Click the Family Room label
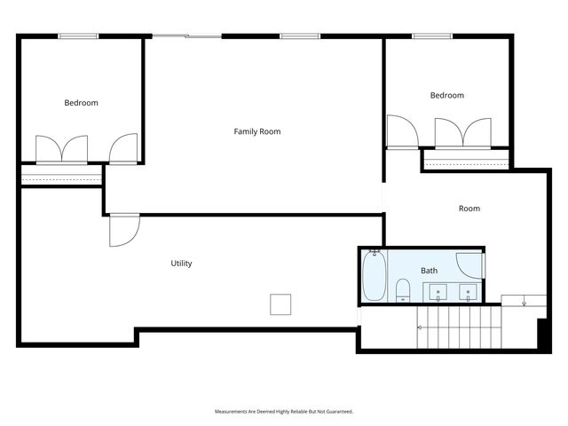tap(256, 131)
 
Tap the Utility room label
tap(181, 264)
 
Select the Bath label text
tap(429, 271)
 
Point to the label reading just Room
tap(469, 209)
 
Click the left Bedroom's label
tap(81, 103)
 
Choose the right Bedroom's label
tap(446, 96)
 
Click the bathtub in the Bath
tap(374, 276)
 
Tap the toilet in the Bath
tap(402, 289)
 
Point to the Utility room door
tap(122, 232)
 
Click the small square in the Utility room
tap(281, 304)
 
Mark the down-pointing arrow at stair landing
tap(524, 304)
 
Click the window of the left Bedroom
tap(78, 35)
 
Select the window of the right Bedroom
tap(432, 35)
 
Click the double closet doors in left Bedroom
tap(61, 149)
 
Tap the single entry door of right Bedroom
tap(402, 132)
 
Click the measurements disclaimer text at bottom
tap(284, 412)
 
